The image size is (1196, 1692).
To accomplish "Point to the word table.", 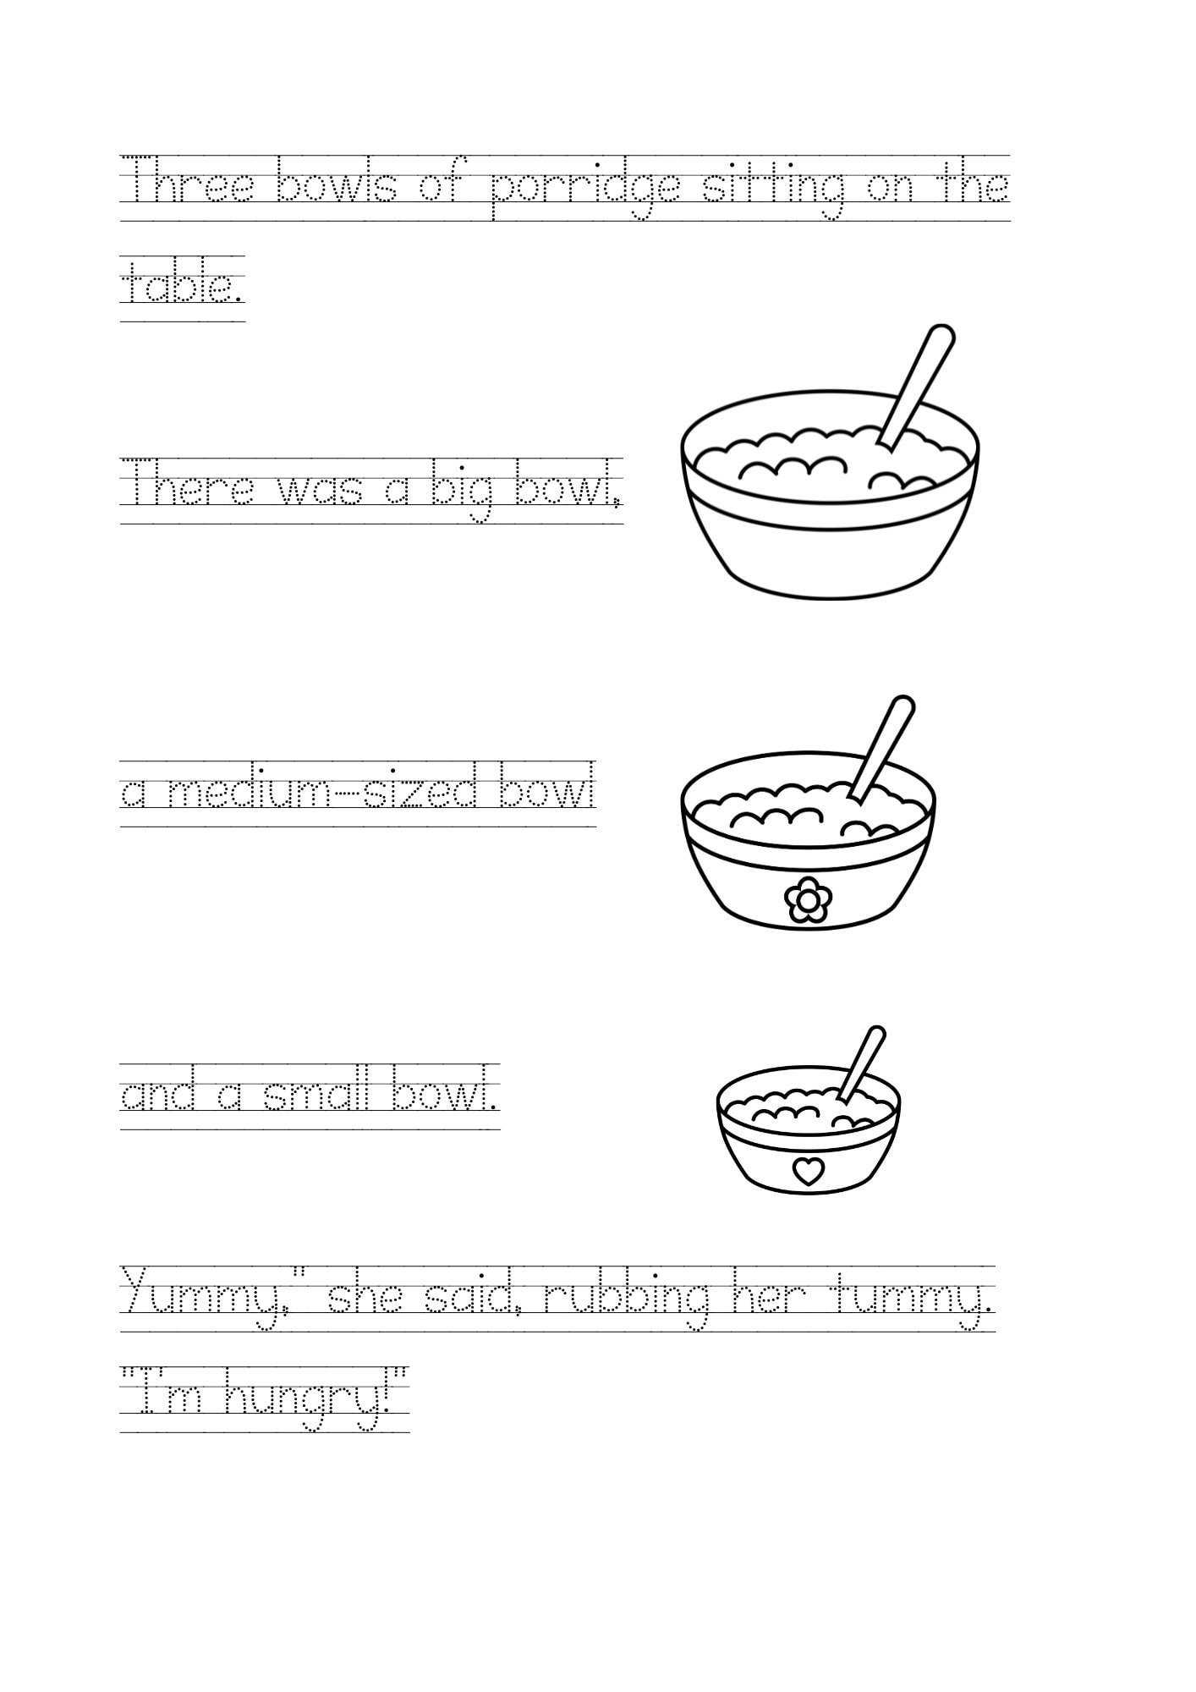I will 182,286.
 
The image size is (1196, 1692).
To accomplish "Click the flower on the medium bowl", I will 808,899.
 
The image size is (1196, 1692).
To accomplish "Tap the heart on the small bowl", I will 809,1171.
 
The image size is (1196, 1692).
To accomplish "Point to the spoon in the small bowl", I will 863,1061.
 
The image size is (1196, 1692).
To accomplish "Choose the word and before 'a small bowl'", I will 158,1095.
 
